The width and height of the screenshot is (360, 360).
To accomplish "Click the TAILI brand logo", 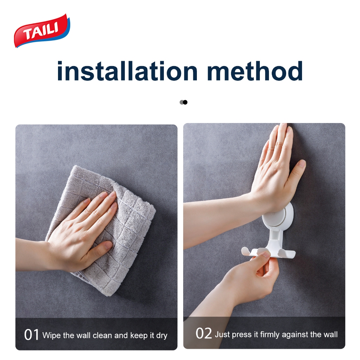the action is click(x=42, y=31).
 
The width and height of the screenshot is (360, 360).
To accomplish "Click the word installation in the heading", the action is click(x=127, y=71).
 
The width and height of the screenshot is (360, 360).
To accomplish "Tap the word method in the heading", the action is click(x=255, y=71).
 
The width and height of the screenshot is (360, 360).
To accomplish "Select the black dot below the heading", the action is click(x=185, y=102).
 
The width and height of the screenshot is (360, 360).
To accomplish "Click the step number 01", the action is click(x=31, y=335).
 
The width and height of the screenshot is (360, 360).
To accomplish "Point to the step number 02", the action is click(x=204, y=333).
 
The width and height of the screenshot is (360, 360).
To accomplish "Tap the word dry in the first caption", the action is click(x=162, y=336).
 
